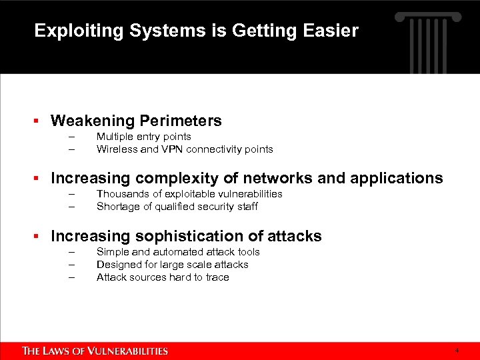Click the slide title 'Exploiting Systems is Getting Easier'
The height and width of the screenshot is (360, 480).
point(196,31)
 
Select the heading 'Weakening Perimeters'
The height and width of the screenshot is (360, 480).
point(136,121)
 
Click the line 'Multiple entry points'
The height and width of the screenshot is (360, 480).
point(143,137)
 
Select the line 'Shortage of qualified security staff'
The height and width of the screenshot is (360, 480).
point(177,207)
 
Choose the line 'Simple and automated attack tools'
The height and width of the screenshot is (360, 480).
point(178,252)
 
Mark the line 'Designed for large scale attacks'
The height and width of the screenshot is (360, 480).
point(172,265)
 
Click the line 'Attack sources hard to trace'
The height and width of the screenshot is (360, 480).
point(163,277)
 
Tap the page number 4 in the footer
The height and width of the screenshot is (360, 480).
point(457,350)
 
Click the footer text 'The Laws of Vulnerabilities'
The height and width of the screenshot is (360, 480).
point(95,351)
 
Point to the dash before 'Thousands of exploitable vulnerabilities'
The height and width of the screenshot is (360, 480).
point(71,194)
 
